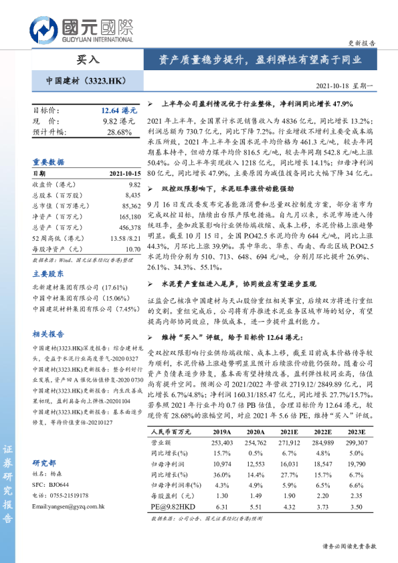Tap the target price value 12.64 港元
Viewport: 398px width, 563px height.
pyautogui.click(x=118, y=109)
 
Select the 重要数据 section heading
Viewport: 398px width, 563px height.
pyautogui.click(x=48, y=162)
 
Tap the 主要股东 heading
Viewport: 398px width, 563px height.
pyautogui.click(x=48, y=273)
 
